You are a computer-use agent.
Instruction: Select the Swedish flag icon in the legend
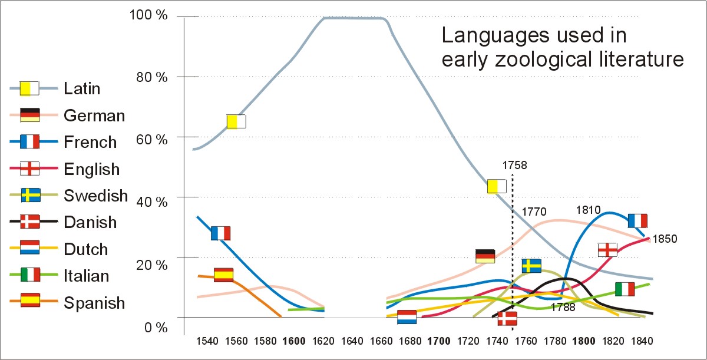pyautogui.click(x=30, y=196)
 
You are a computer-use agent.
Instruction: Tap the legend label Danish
pyautogui.click(x=90, y=222)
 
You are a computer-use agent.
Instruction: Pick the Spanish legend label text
pyautogui.click(x=94, y=303)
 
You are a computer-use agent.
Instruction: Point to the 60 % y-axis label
pyautogui.click(x=151, y=140)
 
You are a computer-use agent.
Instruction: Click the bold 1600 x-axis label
pyautogui.click(x=294, y=341)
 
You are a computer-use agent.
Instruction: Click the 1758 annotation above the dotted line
pyautogui.click(x=514, y=166)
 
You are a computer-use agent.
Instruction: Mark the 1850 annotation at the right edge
pyautogui.click(x=665, y=239)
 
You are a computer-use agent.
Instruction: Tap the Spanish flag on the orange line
pyautogui.click(x=223, y=275)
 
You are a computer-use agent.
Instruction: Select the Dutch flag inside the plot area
pyautogui.click(x=407, y=317)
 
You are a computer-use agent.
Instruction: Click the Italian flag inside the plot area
pyautogui.click(x=625, y=289)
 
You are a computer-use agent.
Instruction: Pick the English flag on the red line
pyautogui.click(x=607, y=249)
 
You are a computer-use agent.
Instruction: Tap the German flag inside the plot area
pyautogui.click(x=485, y=256)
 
